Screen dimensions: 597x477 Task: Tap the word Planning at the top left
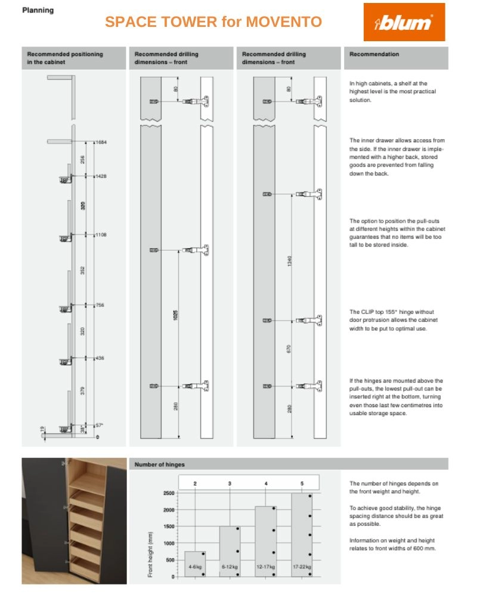(x=38, y=10)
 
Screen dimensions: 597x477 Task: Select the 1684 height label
(x=100, y=143)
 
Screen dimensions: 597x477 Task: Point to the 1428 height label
(x=100, y=176)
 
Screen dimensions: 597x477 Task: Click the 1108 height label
(x=100, y=235)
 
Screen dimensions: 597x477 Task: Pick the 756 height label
(x=99, y=305)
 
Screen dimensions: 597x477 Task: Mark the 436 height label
(x=99, y=358)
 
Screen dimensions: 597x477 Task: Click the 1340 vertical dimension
(x=290, y=261)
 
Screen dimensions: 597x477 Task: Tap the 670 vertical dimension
(x=290, y=348)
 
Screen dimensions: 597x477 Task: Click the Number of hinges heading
(x=159, y=464)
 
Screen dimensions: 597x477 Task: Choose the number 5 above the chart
(x=302, y=483)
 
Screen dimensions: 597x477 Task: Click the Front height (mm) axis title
(x=151, y=553)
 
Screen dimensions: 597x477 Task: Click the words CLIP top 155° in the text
(x=379, y=312)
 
